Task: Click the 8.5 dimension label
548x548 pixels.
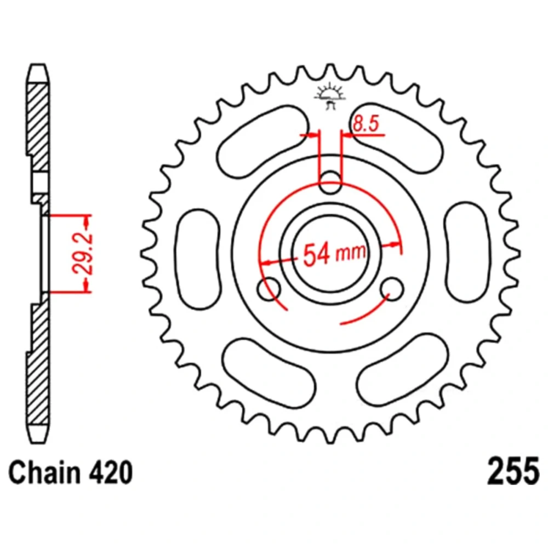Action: coord(366,124)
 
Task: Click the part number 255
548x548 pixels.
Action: coord(513,472)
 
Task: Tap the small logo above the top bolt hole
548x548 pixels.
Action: coord(330,96)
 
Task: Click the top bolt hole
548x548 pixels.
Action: coord(330,182)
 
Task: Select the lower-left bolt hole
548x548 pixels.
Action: coord(269,289)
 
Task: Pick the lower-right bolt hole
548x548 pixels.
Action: coord(392,289)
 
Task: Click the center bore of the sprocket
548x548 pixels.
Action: coord(330,253)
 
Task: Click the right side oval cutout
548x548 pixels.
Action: coord(467,252)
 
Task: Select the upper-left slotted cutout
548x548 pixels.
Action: coord(263,142)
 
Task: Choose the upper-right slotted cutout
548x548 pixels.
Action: coord(397,139)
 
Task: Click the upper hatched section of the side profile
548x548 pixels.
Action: coord(38,128)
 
